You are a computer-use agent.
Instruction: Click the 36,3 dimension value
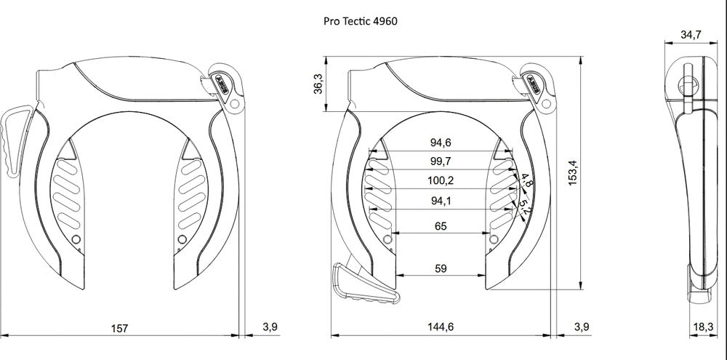[x=318, y=84]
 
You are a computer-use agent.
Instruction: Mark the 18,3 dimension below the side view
[x=702, y=327]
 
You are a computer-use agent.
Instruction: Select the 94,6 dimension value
[x=441, y=143]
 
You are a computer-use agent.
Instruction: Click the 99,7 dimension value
[x=441, y=161]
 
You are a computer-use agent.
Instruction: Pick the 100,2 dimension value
[x=441, y=180]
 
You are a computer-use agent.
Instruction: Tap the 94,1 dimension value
[x=441, y=201]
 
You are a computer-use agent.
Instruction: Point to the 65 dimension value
[x=441, y=226]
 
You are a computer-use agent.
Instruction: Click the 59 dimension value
[x=441, y=268]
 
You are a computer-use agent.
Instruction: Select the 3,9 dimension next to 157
[x=270, y=327]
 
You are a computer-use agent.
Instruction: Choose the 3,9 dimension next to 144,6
[x=582, y=327]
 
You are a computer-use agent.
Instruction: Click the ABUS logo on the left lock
[x=222, y=81]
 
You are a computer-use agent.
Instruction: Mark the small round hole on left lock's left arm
[x=77, y=239]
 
